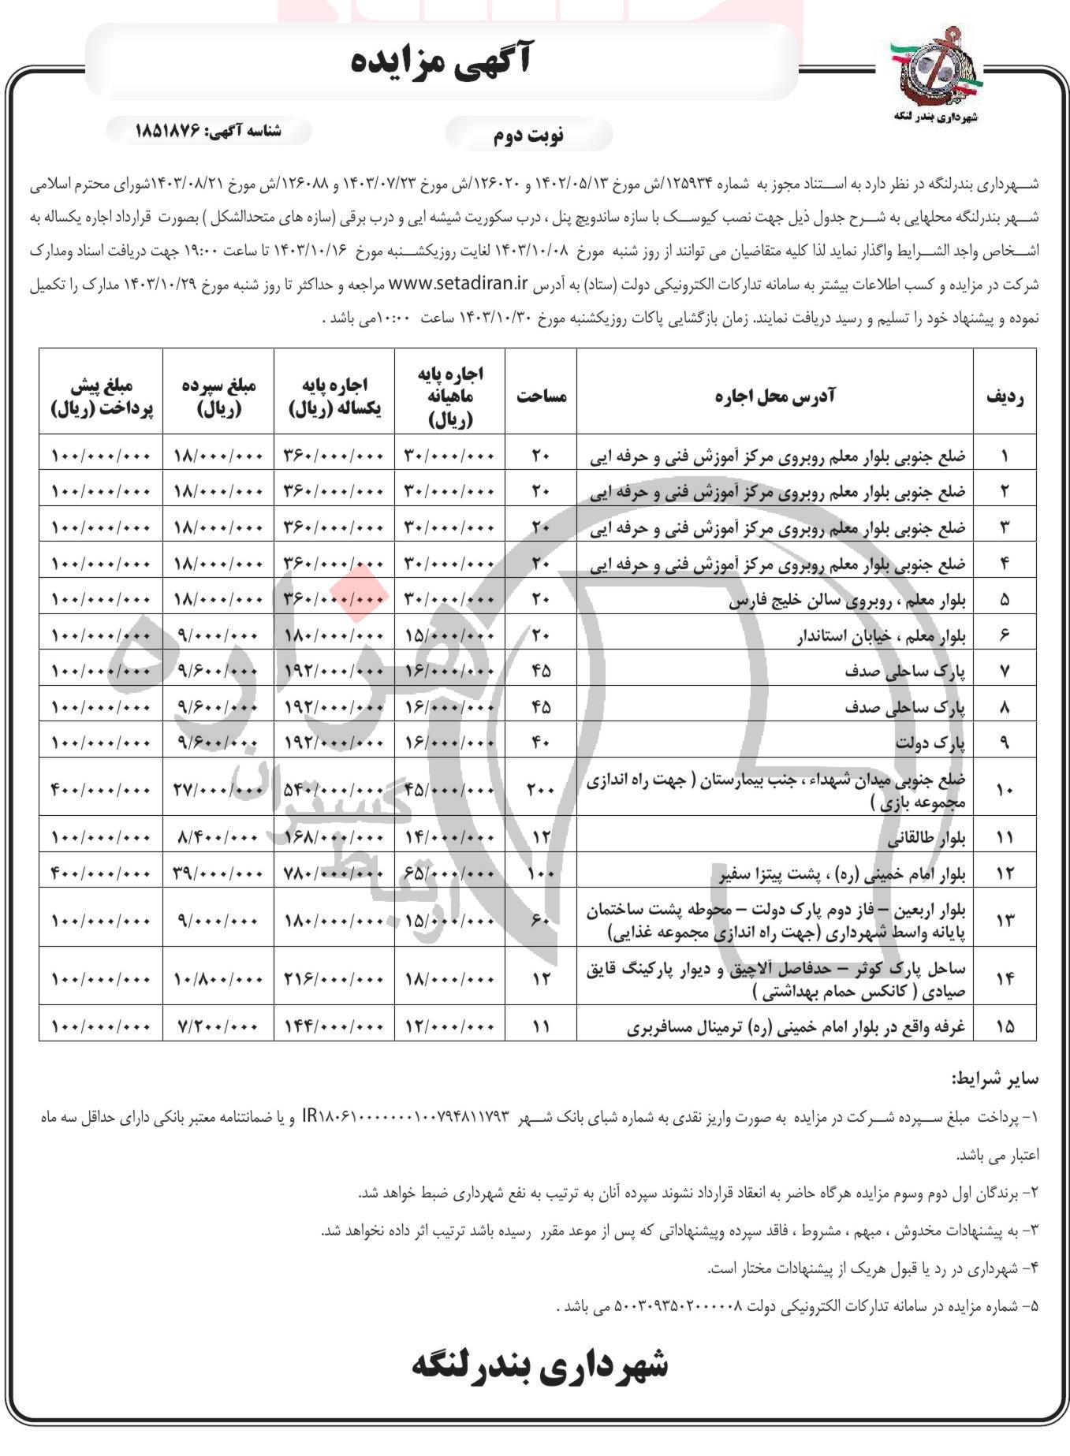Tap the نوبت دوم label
tap(528, 135)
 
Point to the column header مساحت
tap(541, 396)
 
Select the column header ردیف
tap(1005, 397)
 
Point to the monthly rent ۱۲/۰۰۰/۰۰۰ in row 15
tap(449, 1026)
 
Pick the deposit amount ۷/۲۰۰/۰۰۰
tap(218, 1026)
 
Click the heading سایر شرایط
tap(995, 1078)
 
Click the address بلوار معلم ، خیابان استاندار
tap(880, 635)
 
